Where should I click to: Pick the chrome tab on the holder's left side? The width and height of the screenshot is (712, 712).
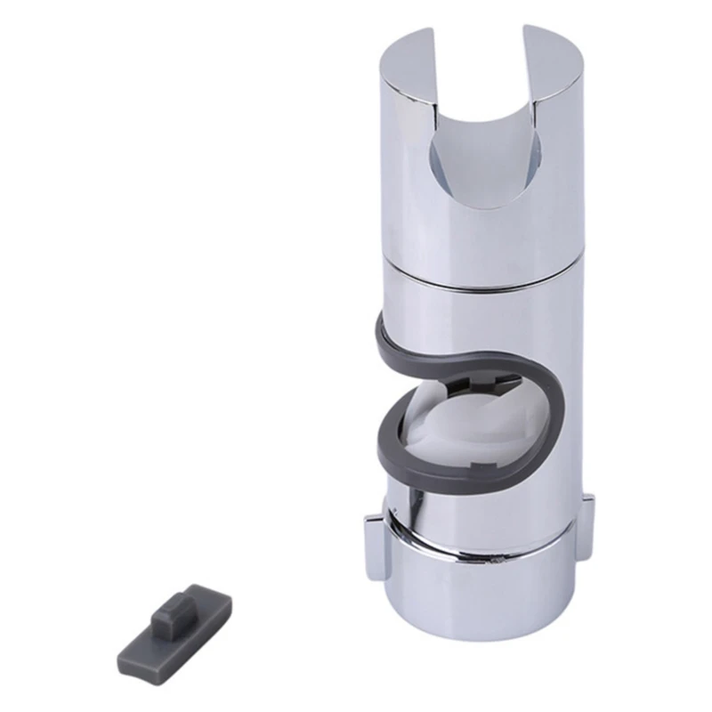tap(373, 544)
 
